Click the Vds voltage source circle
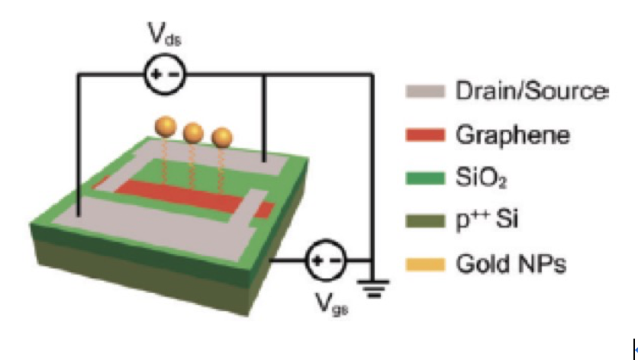(x=165, y=75)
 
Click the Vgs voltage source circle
(x=326, y=260)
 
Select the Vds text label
(x=164, y=34)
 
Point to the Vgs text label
(x=332, y=304)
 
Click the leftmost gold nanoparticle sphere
(x=166, y=127)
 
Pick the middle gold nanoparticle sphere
(x=193, y=133)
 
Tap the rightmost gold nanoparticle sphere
(x=222, y=138)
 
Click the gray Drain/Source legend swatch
(x=425, y=91)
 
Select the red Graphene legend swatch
(x=425, y=135)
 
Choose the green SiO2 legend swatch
(x=425, y=178)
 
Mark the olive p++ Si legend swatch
(x=425, y=221)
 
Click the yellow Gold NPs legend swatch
(x=425, y=265)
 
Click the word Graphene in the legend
(x=513, y=136)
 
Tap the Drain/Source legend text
(x=532, y=91)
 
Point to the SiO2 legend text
(x=481, y=178)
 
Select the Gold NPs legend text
(x=511, y=264)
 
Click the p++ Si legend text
(x=487, y=221)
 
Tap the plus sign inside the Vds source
(x=156, y=75)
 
